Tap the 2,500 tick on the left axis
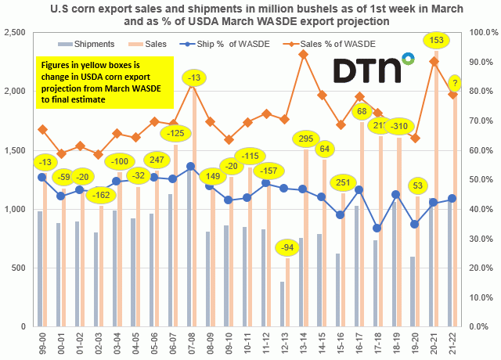tap(16, 32)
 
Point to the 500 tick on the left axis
tap(20, 268)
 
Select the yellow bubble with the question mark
tap(456, 81)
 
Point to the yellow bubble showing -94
tap(288, 248)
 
